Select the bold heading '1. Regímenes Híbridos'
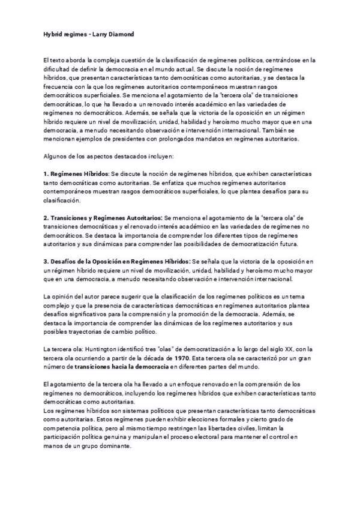75,173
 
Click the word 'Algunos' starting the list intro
55,157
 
